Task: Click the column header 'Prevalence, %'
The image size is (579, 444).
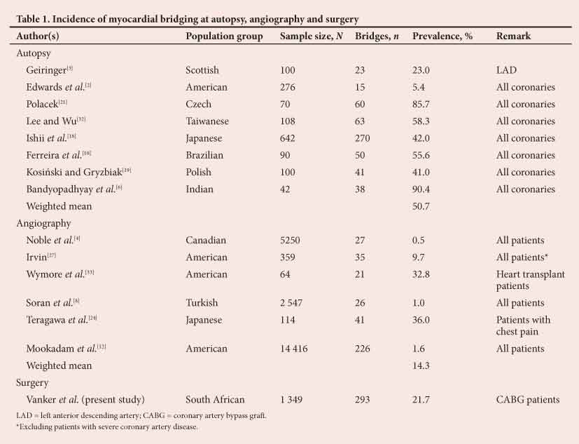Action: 442,36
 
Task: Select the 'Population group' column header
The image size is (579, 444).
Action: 224,36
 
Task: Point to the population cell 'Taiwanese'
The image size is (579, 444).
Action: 209,121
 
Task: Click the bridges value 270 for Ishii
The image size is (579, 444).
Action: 364,138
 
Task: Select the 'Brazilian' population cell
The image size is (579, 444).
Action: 207,155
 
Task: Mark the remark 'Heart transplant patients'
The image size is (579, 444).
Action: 530,280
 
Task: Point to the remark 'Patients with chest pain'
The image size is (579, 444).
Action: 523,325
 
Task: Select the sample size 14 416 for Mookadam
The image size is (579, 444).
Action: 296,349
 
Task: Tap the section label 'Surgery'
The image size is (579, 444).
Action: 34,383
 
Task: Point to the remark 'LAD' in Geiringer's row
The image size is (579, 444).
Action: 506,70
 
